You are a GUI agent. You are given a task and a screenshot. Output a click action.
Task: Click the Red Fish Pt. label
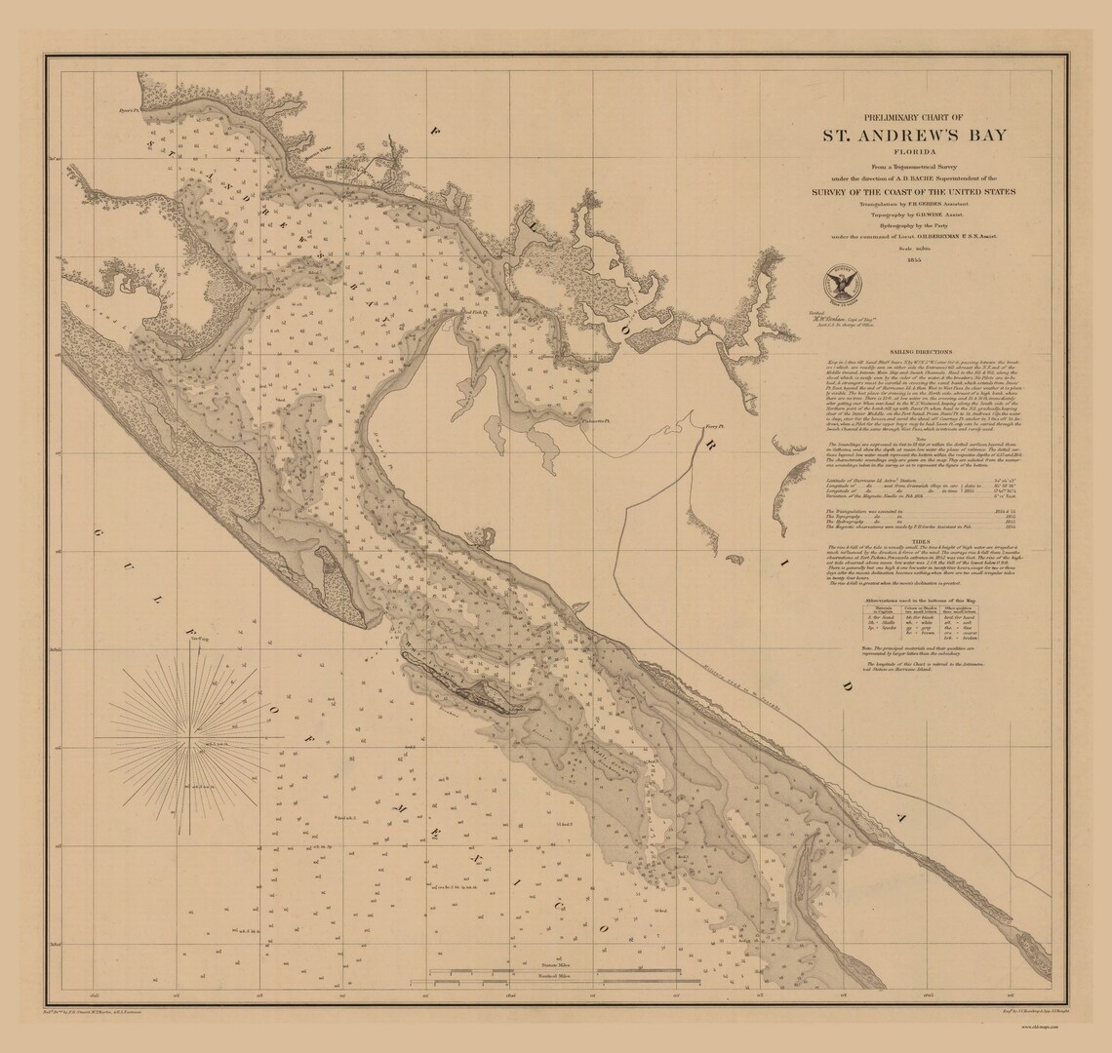[474, 313]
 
